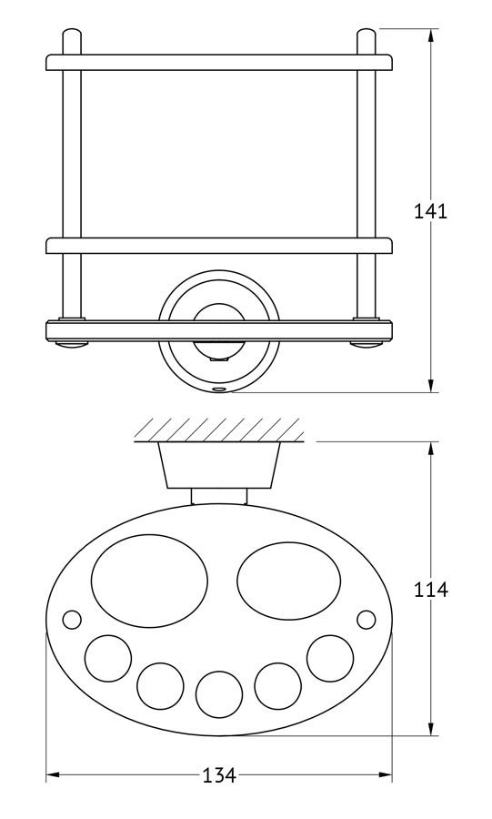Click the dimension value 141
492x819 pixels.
click(430, 211)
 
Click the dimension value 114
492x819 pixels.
click(430, 589)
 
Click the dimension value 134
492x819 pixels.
click(219, 775)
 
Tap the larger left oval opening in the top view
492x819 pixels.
click(149, 581)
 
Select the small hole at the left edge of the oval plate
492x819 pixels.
click(72, 620)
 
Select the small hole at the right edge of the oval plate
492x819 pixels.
click(366, 620)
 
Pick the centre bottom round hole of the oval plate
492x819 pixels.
click(219, 694)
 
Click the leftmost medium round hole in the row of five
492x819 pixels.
click(108, 658)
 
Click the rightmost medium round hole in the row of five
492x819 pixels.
click(331, 658)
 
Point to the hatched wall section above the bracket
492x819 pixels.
click(217, 430)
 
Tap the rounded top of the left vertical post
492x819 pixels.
click(72, 36)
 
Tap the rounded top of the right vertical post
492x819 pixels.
click(366, 36)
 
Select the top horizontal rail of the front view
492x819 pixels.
click(219, 62)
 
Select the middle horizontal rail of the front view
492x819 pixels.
click(219, 246)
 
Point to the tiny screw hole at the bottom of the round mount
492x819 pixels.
click(219, 389)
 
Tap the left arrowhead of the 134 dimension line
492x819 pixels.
click(55, 775)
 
